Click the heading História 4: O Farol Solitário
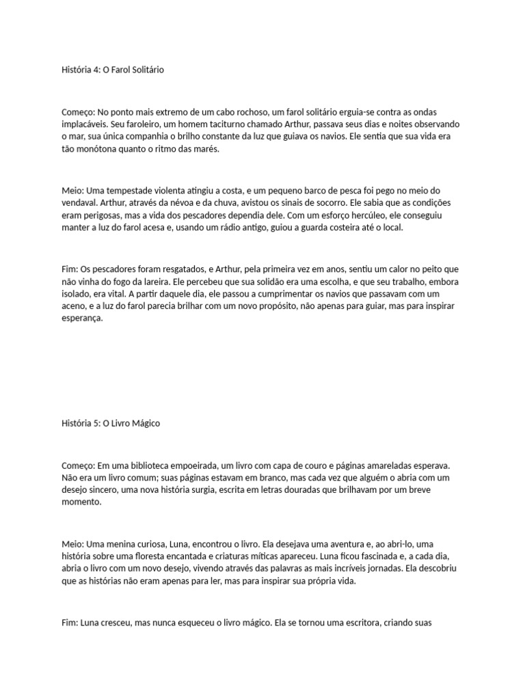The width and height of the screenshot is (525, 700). point(113,70)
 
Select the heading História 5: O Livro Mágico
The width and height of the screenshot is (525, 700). point(111,423)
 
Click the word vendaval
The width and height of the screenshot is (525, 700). point(79,202)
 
